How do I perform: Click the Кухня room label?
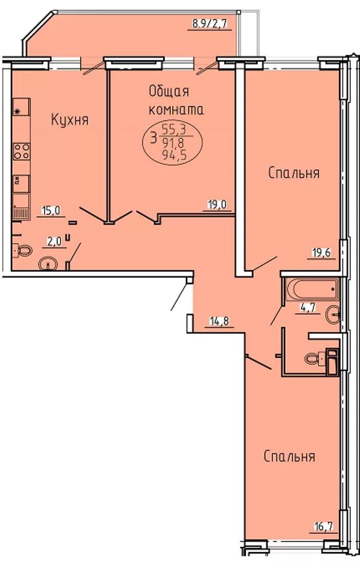click(70, 119)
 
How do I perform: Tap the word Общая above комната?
click(169, 92)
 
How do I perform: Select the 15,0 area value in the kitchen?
click(51, 210)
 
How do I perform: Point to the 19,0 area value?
click(217, 205)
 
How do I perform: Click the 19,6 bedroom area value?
click(321, 252)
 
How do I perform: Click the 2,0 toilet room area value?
click(54, 242)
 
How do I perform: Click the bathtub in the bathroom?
click(312, 289)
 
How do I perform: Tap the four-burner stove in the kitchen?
click(22, 151)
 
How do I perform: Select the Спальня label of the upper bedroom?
click(293, 173)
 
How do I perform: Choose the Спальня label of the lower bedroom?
click(289, 456)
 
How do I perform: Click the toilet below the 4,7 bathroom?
click(314, 357)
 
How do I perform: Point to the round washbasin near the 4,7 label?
click(333, 314)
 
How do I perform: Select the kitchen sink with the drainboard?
click(22, 206)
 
